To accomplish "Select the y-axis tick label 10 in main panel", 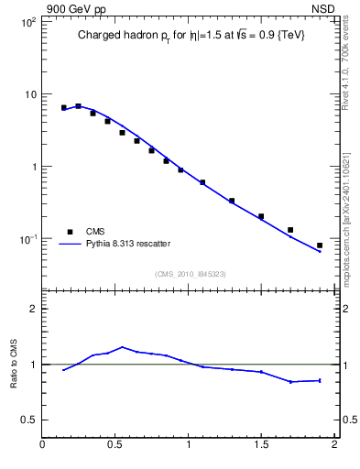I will click(28, 94).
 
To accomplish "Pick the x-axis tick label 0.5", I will click(115, 446).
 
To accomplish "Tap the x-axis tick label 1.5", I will click(261, 446).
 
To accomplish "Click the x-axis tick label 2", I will click(334, 446).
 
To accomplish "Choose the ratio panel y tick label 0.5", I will click(29, 420).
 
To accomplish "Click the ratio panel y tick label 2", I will click(33, 309).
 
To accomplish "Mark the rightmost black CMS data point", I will click(320, 245).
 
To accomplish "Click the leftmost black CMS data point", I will click(64, 107).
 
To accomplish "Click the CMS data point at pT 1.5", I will click(261, 216).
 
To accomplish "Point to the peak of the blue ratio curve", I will click(122, 347).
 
